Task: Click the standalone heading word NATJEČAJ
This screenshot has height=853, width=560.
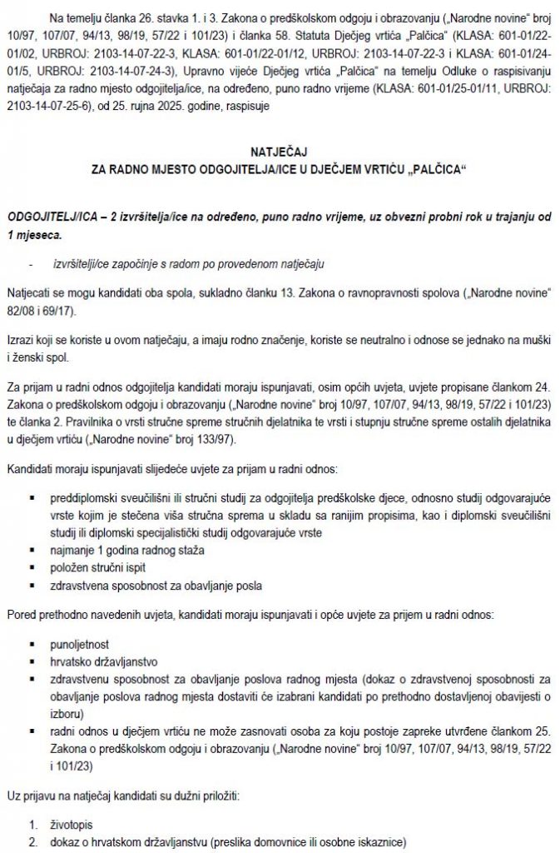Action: coord(279,153)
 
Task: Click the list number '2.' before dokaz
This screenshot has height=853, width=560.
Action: coord(33,842)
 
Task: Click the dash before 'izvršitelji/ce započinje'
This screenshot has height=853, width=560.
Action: coord(32,264)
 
